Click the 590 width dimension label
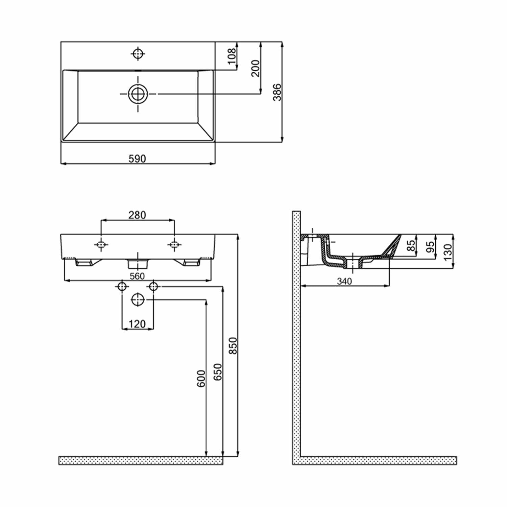pyautogui.click(x=137, y=159)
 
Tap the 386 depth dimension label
pyautogui.click(x=277, y=92)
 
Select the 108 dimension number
pyautogui.click(x=232, y=56)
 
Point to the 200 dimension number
pyautogui.click(x=256, y=68)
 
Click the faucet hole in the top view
pyautogui.click(x=138, y=53)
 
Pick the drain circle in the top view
pyautogui.click(x=138, y=94)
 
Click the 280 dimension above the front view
pyautogui.click(x=137, y=215)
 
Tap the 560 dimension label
pyautogui.click(x=137, y=276)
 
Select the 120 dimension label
pyautogui.click(x=137, y=324)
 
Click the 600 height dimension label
pyautogui.click(x=201, y=379)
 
